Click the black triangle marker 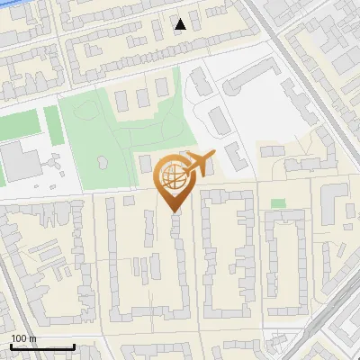(x=181, y=24)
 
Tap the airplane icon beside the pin (x=198, y=163)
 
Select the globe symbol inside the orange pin (x=171, y=175)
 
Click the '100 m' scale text (x=23, y=338)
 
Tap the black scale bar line (x=42, y=347)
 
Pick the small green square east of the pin (x=278, y=203)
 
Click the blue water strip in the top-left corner (x=18, y=7)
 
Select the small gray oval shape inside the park (x=100, y=163)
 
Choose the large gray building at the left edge (x=20, y=160)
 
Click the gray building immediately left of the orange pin (x=145, y=164)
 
